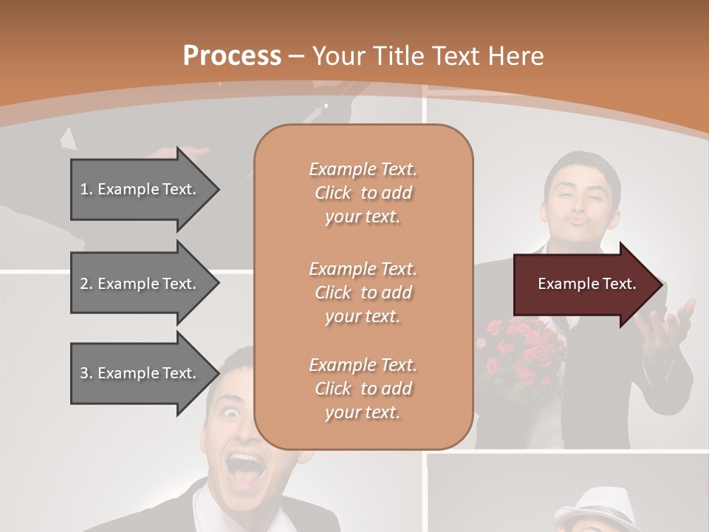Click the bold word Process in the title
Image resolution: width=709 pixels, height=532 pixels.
click(232, 56)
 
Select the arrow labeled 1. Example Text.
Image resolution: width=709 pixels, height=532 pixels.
click(140, 189)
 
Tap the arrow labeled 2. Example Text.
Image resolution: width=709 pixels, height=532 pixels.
click(140, 284)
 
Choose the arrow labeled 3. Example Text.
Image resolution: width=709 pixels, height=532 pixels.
click(140, 373)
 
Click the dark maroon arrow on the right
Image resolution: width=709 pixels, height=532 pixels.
click(583, 284)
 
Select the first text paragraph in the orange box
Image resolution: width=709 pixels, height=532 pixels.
click(363, 193)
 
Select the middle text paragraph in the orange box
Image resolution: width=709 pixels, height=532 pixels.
click(363, 292)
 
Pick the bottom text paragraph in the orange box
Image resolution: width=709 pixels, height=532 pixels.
click(363, 389)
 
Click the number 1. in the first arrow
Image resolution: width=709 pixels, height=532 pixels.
click(86, 189)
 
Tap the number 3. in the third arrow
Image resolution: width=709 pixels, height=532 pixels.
click(86, 373)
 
